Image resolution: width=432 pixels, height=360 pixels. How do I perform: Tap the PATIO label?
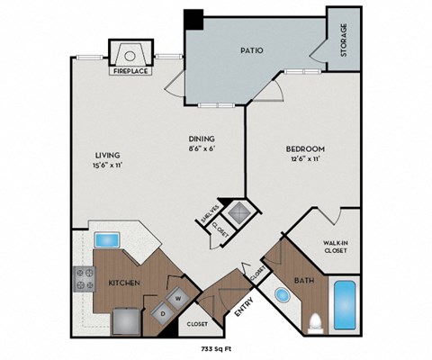click(251, 50)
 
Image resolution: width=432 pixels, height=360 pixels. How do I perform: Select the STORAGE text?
click(344, 40)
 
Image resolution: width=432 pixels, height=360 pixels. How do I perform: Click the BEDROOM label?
click(305, 148)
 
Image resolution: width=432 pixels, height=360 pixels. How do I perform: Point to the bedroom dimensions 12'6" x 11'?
click(305, 159)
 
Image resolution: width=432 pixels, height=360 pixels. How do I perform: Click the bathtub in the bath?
click(346, 304)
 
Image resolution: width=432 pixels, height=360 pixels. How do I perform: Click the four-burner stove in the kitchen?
click(85, 279)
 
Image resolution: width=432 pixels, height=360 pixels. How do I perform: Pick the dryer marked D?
click(162, 312)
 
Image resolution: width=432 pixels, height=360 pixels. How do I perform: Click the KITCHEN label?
click(123, 282)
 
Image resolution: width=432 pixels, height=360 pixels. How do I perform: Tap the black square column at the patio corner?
click(193, 19)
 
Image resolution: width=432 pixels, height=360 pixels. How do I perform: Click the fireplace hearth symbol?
click(131, 50)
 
